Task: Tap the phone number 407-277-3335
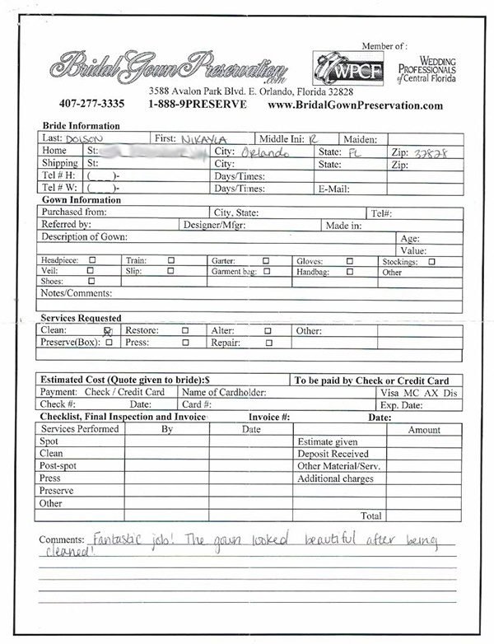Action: (x=91, y=105)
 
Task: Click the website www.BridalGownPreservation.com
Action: (x=356, y=105)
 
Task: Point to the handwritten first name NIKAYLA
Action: (x=206, y=138)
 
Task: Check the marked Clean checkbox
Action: (x=107, y=331)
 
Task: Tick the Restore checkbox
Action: (x=185, y=331)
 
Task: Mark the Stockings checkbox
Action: (x=431, y=260)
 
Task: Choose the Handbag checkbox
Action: (x=350, y=271)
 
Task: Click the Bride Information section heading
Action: (x=80, y=125)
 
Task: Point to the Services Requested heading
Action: (x=82, y=318)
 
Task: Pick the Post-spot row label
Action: (x=58, y=466)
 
